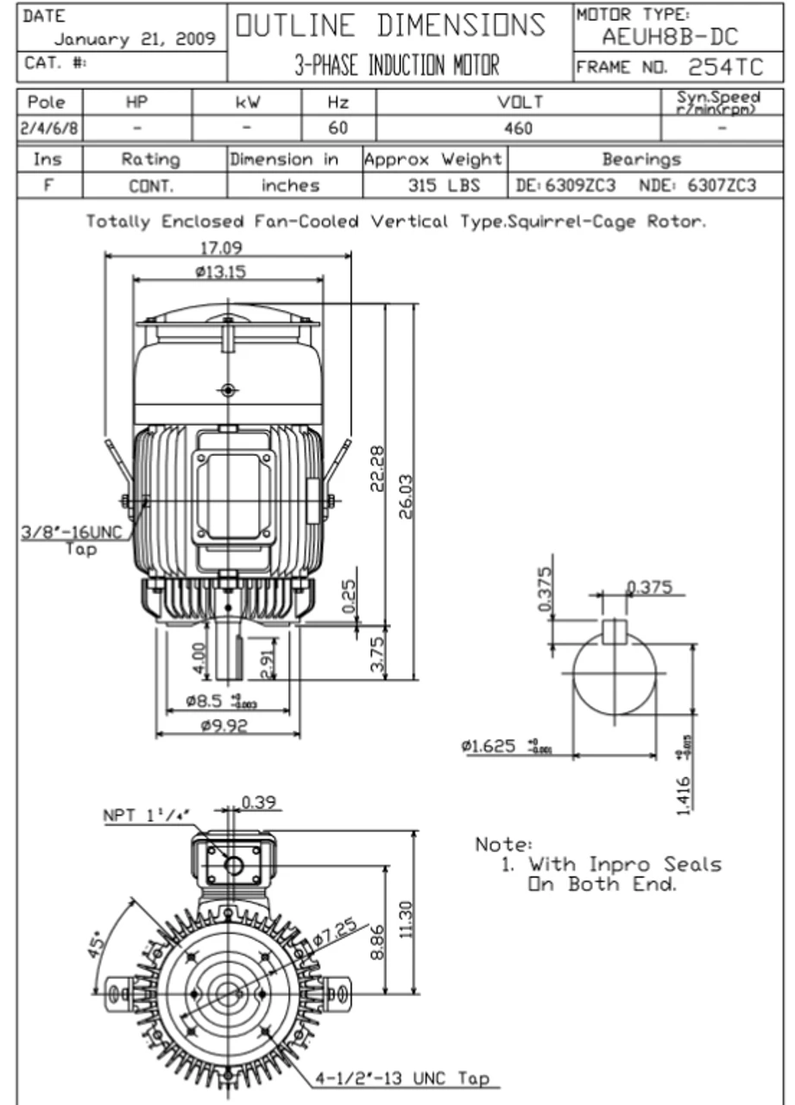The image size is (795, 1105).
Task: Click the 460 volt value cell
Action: (x=518, y=129)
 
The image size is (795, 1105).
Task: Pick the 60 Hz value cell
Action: (x=338, y=129)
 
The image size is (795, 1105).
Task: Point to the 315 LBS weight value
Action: (x=444, y=186)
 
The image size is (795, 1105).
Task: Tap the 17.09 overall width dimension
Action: (x=221, y=248)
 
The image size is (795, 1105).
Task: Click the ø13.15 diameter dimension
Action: (x=221, y=272)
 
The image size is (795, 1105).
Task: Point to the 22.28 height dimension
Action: (x=377, y=468)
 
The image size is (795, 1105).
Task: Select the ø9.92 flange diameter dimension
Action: (x=224, y=726)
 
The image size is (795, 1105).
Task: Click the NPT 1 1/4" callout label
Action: (x=147, y=814)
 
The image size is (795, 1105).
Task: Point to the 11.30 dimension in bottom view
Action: (x=409, y=921)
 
